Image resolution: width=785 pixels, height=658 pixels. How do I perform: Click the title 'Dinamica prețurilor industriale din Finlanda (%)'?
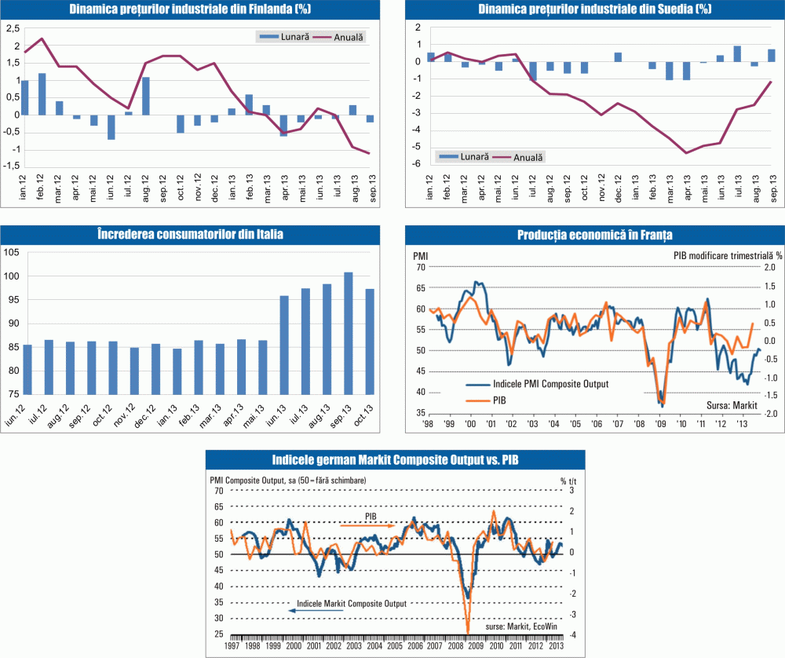[193, 10]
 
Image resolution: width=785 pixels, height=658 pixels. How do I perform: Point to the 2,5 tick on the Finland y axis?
[13, 29]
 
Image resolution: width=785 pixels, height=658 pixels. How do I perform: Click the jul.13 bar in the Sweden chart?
[737, 53]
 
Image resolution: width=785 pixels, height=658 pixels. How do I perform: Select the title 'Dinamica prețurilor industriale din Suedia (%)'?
[594, 10]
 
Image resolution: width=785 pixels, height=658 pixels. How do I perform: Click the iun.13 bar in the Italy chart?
[283, 345]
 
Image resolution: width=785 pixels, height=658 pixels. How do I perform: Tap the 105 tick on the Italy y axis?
[13, 253]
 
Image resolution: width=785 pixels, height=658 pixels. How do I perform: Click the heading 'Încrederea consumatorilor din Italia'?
[193, 234]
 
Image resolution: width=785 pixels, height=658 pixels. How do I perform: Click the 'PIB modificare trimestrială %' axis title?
[728, 255]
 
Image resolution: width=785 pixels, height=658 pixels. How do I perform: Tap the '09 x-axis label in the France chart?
[661, 422]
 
